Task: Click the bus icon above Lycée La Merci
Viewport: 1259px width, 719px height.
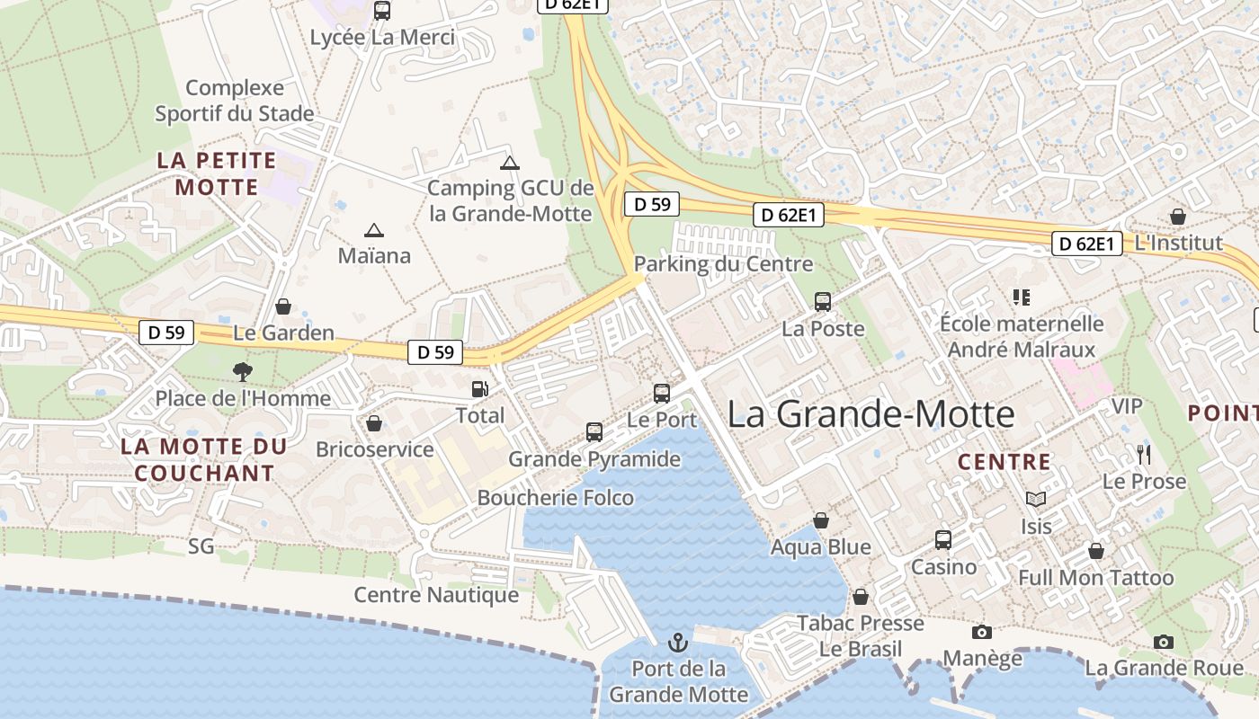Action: [382, 11]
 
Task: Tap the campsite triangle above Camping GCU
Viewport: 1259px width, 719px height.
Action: [510, 163]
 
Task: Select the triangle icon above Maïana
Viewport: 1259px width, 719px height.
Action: [374, 230]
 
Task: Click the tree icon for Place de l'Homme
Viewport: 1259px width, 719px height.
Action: [242, 371]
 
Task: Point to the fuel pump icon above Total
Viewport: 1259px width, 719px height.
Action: [480, 389]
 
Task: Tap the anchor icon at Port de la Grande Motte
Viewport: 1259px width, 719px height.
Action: [678, 643]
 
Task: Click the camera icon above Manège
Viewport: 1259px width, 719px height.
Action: [982, 633]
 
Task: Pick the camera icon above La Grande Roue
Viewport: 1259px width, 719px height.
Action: [1164, 642]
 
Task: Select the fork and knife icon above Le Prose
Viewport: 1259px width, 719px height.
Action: [1144, 454]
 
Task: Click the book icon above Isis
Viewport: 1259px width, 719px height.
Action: [1036, 499]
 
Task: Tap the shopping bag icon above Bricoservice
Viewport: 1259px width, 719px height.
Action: [374, 422]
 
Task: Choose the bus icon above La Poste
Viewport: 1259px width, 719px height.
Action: [822, 302]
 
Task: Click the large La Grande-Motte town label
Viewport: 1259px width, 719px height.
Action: [871, 414]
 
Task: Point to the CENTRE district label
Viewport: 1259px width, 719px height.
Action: [1004, 462]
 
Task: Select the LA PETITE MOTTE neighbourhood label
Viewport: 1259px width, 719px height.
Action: [217, 173]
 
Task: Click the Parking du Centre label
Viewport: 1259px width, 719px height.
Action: [723, 264]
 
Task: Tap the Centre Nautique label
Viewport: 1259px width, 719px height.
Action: [436, 595]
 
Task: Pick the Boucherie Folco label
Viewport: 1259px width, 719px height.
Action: [555, 498]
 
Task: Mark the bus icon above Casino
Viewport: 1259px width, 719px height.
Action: [942, 539]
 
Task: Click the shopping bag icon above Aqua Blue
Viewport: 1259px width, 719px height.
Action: [820, 520]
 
